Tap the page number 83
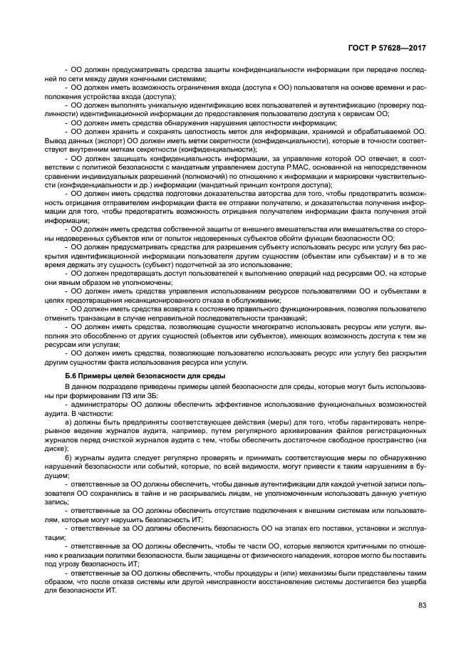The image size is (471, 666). (422, 605)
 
